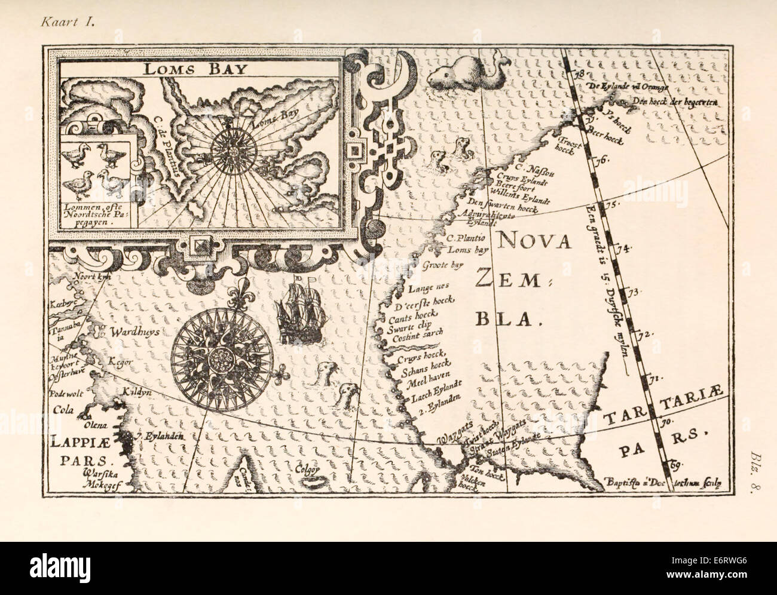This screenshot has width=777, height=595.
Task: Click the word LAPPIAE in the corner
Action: click(x=84, y=444)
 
